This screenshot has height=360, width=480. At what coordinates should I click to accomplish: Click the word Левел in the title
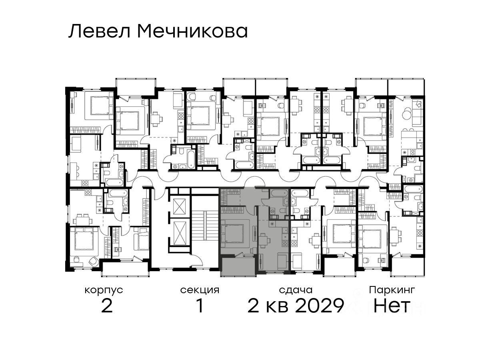tap(100, 31)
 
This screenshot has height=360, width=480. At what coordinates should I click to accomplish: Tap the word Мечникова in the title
tap(193, 31)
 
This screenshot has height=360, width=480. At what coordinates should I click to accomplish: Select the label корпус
tap(104, 290)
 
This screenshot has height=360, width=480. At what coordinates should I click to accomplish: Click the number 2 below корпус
tap(107, 306)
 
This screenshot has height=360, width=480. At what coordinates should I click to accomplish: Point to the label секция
tap(200, 290)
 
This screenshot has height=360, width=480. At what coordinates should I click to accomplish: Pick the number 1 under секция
tap(200, 306)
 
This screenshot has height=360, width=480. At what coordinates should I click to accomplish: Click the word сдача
tap(296, 290)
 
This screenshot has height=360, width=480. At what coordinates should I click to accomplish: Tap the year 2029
tap(319, 306)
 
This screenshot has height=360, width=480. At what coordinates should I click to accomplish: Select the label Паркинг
tap(392, 290)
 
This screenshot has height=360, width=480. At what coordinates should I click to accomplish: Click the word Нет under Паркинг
tap(392, 306)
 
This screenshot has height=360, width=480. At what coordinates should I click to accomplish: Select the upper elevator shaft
tap(179, 206)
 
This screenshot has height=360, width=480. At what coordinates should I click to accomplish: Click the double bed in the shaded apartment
tap(232, 234)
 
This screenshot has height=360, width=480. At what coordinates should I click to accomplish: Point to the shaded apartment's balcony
tap(238, 267)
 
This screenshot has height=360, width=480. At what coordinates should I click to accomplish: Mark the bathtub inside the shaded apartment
tap(279, 193)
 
